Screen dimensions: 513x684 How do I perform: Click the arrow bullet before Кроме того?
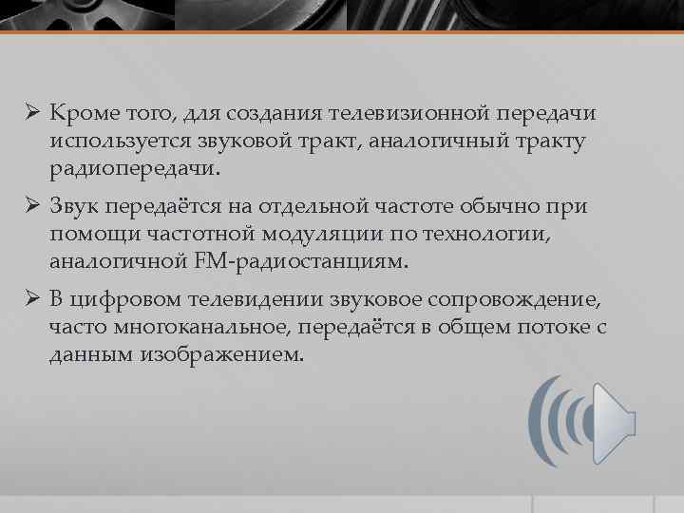pos(32,115)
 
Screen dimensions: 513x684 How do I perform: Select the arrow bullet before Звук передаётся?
pos(32,206)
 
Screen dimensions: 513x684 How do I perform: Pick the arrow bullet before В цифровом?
pos(32,301)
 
